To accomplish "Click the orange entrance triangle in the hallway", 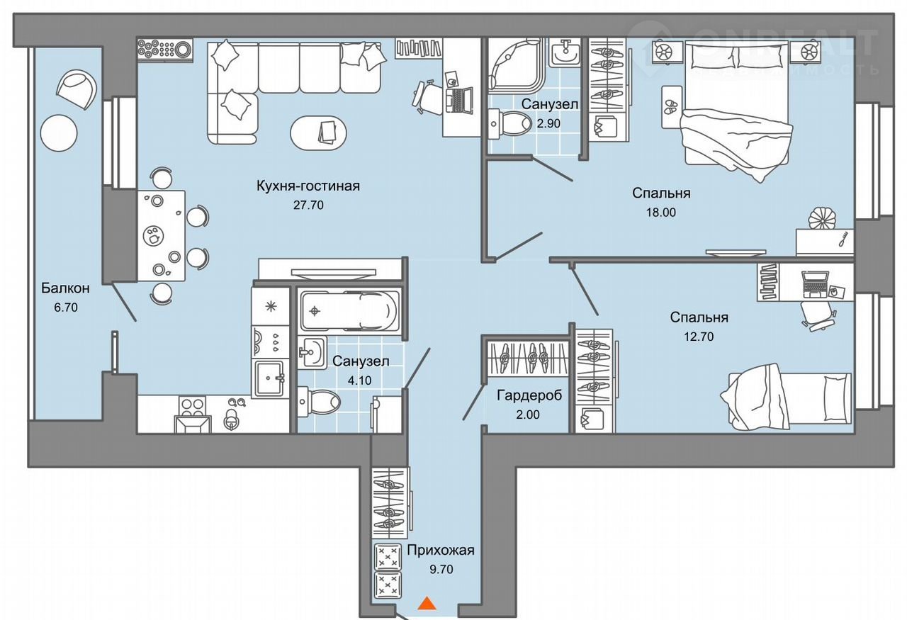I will tap(426, 603).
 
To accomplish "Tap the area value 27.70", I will tap(309, 205).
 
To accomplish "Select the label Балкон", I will tap(65, 288).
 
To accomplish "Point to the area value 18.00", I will tap(661, 211).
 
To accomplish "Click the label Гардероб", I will tap(529, 395).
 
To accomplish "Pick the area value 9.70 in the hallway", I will tap(441, 568).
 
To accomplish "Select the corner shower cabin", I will tap(515, 61).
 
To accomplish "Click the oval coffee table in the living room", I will tap(318, 132).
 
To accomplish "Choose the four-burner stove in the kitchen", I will tap(191, 406).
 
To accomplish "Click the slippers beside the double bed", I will tap(670, 108).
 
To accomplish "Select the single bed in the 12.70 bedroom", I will tap(787, 397).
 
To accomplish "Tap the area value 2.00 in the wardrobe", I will tap(528, 415).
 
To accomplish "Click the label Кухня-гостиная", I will tap(309, 186).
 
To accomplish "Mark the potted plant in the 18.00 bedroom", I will tap(823, 216).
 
